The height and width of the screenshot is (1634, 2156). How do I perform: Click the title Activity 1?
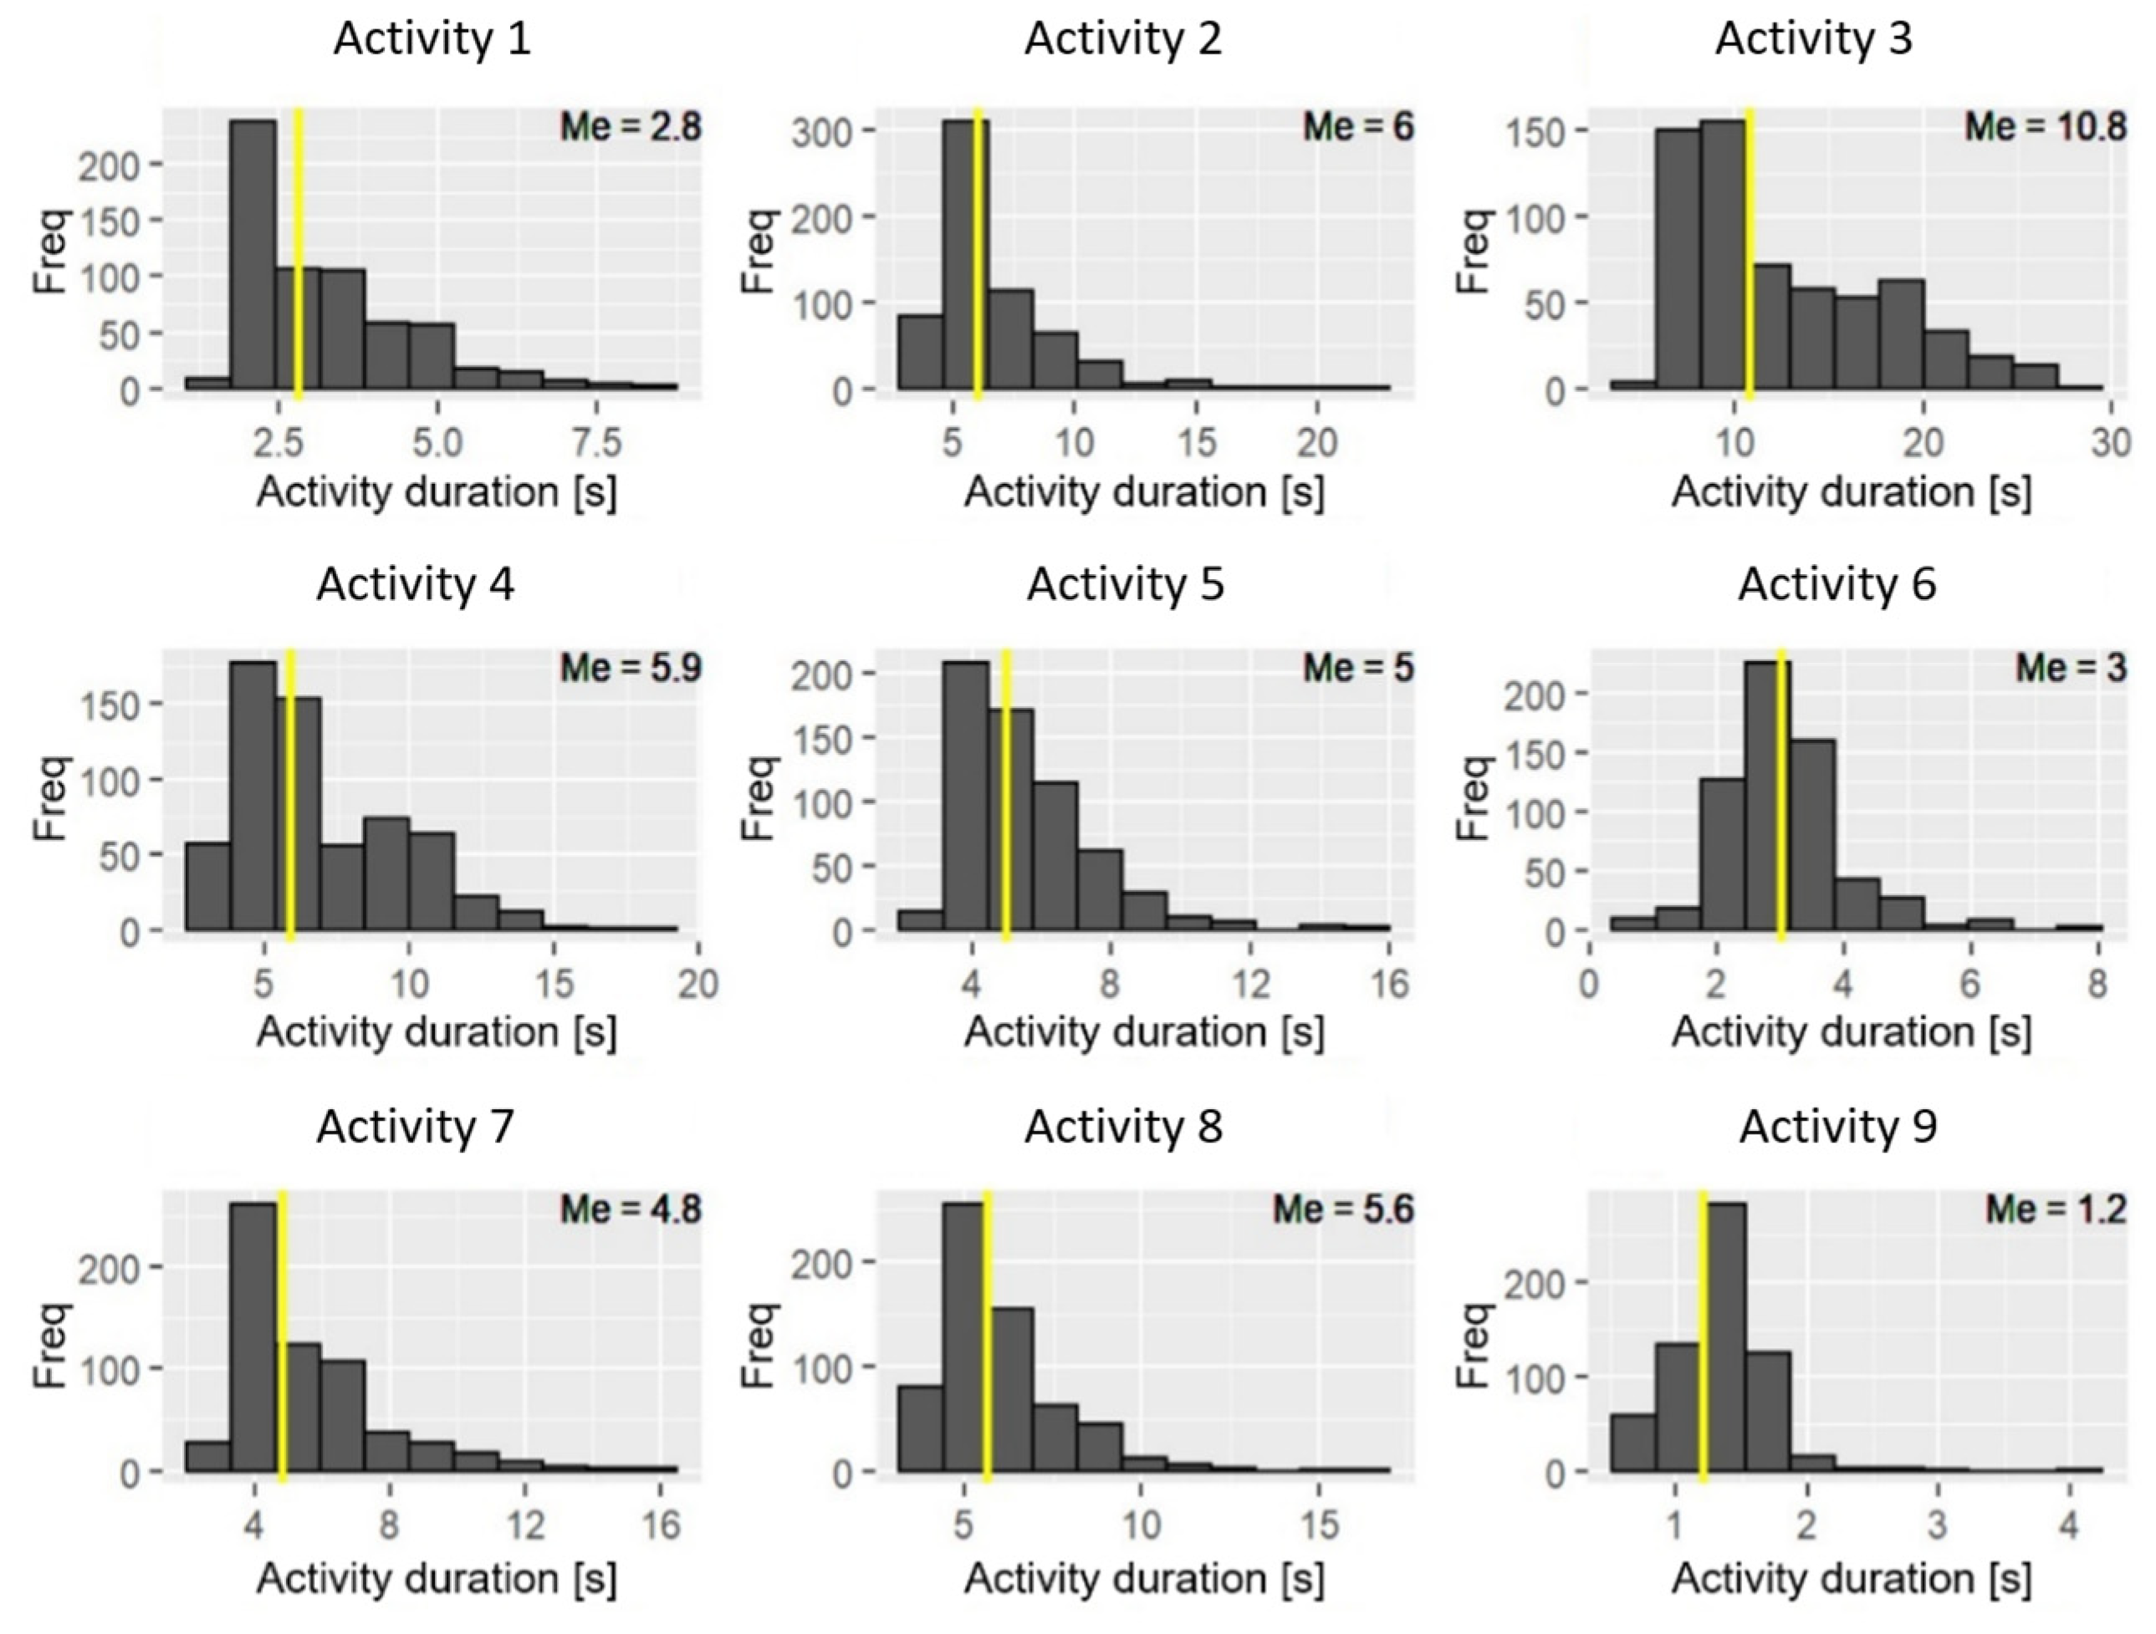point(432,39)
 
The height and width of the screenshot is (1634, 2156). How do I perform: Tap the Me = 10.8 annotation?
point(2045,127)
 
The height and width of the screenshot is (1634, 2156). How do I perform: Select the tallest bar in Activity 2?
point(964,253)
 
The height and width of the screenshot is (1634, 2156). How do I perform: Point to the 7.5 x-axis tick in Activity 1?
point(595,442)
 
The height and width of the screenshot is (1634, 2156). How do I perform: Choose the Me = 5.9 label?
point(630,669)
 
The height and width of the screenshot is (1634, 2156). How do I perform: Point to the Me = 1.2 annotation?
point(2056,1209)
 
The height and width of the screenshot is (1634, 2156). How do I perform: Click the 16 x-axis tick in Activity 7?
point(662,1524)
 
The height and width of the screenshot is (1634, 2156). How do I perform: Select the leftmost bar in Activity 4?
point(207,887)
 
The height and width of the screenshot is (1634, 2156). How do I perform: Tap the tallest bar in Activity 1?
point(253,253)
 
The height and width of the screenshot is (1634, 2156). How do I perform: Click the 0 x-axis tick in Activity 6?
point(1590,984)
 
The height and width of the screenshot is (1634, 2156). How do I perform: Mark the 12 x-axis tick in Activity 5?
point(1251,984)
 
